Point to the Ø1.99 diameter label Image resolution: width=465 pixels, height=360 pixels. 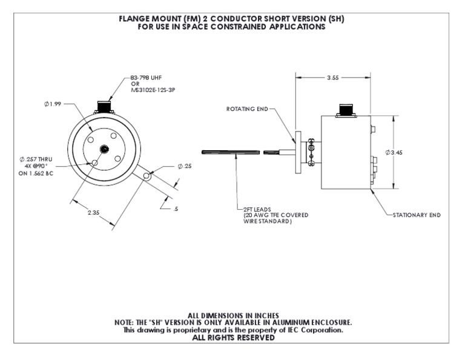point(53,104)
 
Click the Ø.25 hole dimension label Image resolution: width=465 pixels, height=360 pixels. point(185,166)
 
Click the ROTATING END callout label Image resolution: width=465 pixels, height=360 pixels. point(246,109)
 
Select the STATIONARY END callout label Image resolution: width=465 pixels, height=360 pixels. point(417,215)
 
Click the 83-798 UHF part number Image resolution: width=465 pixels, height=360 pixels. point(147,78)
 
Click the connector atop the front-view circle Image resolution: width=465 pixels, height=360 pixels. point(106,107)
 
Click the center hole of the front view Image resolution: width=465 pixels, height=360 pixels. point(105,149)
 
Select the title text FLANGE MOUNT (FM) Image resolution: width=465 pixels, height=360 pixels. point(158,19)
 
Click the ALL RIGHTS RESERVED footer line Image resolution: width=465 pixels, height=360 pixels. point(233,338)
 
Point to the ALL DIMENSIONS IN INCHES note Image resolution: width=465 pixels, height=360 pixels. point(233,315)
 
